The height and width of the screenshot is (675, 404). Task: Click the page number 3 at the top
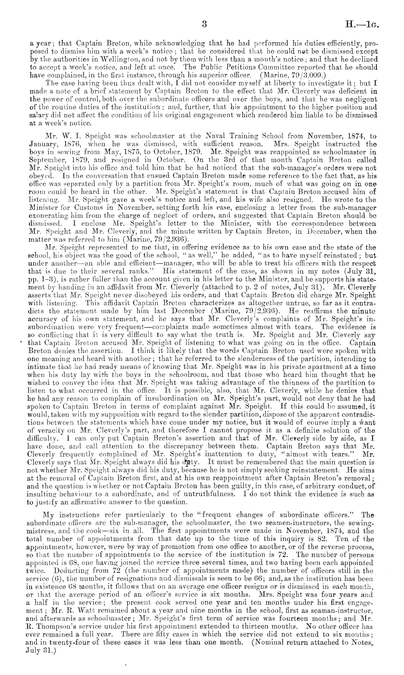pos(204,24)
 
